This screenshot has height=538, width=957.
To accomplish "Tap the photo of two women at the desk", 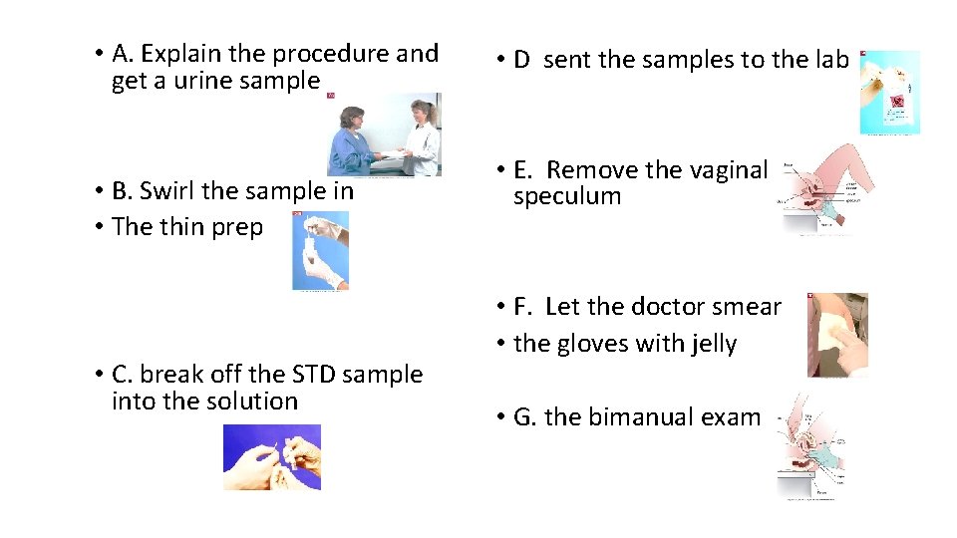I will tap(385, 134).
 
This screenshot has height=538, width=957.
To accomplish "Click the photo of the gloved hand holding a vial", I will tap(320, 250).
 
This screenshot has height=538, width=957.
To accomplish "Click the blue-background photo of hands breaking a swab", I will tap(271, 457).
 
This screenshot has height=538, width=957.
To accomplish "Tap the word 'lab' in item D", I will tap(830, 60).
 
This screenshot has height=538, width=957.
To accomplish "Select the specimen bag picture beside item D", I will tap(889, 93).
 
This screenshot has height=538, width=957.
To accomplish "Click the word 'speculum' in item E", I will tap(567, 197).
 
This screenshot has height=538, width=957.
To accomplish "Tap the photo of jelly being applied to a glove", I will tap(837, 335).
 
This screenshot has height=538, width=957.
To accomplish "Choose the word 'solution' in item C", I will tap(252, 402).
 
